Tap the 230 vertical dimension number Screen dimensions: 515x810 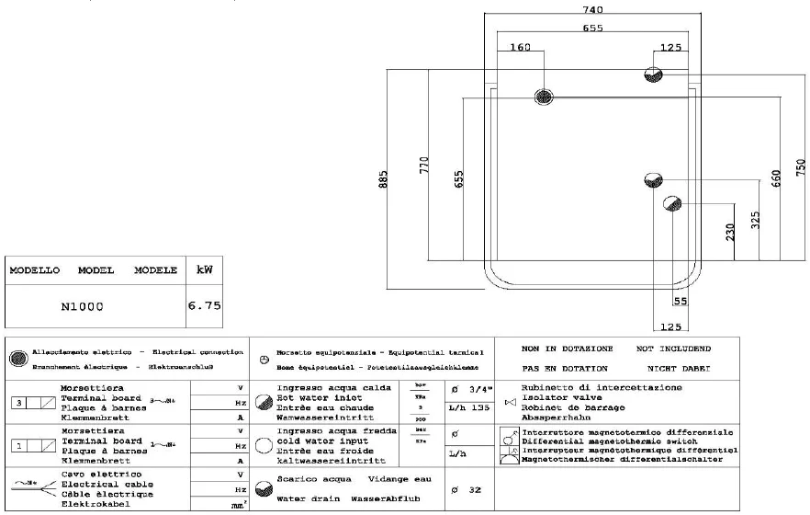[x=731, y=231]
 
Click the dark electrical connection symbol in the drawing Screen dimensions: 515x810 [x=544, y=96]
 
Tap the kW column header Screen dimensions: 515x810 [x=204, y=270]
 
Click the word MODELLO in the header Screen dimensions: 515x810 [x=35, y=270]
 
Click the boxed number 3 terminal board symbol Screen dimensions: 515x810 [x=20, y=403]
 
